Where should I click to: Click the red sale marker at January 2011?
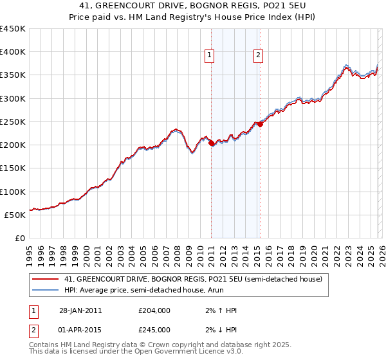click(x=212, y=143)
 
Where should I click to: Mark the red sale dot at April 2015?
click(x=260, y=124)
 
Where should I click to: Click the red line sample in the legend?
click(x=46, y=279)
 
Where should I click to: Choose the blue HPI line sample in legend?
click(x=46, y=291)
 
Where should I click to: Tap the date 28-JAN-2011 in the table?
click(x=80, y=310)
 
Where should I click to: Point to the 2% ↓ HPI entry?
click(x=217, y=330)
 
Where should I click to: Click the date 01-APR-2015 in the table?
click(x=80, y=330)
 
